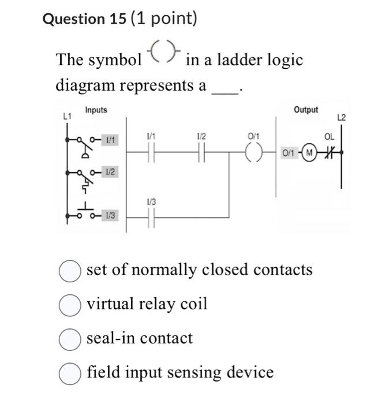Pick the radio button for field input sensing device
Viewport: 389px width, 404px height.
tap(70, 373)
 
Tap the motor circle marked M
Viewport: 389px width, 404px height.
tap(310, 152)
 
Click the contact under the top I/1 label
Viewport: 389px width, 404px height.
tap(149, 152)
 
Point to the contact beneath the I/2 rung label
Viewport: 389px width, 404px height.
tap(200, 152)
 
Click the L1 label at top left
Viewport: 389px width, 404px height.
tap(67, 117)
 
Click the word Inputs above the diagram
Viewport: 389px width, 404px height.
tap(96, 110)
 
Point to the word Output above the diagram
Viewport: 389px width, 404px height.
tap(305, 109)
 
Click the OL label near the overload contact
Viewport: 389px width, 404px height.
tap(329, 137)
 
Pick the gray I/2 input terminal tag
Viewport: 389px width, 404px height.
tap(110, 172)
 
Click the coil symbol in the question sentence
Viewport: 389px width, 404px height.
tap(164, 55)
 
